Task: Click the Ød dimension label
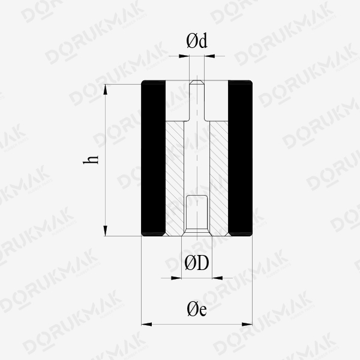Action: [x=197, y=41]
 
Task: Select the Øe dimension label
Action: [x=197, y=309]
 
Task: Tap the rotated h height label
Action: [x=91, y=160]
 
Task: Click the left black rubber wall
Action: [x=154, y=158]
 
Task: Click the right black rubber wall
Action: [x=240, y=158]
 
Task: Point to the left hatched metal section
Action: [x=175, y=178]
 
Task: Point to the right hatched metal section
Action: [x=219, y=178]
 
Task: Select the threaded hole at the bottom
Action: [x=197, y=215]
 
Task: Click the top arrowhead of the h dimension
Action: [x=106, y=89]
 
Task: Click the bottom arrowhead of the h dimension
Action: [x=106, y=231]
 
